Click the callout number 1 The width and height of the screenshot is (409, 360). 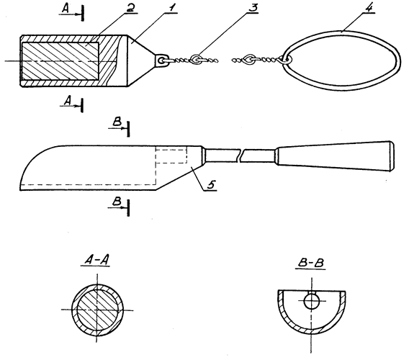click(171, 8)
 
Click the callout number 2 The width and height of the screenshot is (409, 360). click(130, 8)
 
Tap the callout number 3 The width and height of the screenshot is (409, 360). click(253, 8)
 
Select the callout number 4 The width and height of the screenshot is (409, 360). click(370, 8)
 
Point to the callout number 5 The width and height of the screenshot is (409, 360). click(211, 184)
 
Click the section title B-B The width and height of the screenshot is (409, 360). click(311, 263)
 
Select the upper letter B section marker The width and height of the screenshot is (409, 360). click(117, 122)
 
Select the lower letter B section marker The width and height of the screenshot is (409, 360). click(117, 202)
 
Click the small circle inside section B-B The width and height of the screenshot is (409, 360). click(312, 301)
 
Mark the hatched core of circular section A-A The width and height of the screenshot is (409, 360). click(97, 310)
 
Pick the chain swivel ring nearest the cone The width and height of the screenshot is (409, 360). click(196, 59)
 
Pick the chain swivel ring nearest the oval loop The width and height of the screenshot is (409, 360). click(251, 59)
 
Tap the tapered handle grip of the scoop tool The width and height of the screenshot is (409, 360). click(335, 156)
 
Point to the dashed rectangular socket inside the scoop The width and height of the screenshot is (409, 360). click(171, 156)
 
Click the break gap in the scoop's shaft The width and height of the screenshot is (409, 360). click(241, 156)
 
